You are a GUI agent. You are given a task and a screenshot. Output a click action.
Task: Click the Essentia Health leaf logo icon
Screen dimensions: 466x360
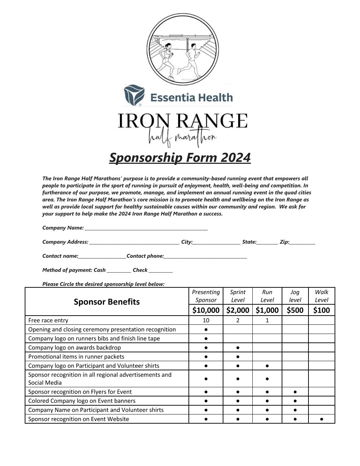click(x=134, y=95)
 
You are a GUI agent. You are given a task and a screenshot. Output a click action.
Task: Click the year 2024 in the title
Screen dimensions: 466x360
click(x=236, y=157)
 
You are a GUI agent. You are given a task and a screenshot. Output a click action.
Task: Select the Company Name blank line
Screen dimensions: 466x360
click(x=146, y=228)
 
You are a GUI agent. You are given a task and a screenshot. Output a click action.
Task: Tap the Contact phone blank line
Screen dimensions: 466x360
click(x=205, y=256)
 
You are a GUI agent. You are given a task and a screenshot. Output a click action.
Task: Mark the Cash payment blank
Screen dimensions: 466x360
click(x=119, y=270)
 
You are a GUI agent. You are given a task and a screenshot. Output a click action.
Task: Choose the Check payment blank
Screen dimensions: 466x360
click(x=161, y=270)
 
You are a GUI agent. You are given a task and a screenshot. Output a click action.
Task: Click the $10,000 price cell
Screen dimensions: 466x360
click(x=206, y=310)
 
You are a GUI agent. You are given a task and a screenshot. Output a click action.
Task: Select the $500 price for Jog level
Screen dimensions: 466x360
click(x=295, y=310)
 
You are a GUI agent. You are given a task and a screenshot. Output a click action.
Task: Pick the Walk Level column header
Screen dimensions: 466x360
click(x=322, y=296)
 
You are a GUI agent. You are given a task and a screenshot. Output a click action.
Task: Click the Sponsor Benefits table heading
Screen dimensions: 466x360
click(x=107, y=302)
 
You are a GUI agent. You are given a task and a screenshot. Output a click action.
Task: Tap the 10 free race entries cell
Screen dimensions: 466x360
click(x=206, y=320)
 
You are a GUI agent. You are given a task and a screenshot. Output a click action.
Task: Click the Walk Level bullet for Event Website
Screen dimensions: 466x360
click(x=322, y=419)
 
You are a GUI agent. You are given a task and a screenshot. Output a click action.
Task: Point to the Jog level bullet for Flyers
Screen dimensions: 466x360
click(x=295, y=392)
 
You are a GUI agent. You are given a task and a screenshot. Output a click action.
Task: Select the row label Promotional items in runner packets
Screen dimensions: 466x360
click(x=76, y=357)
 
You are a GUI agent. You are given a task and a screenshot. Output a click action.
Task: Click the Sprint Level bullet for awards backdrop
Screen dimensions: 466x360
click(x=238, y=348)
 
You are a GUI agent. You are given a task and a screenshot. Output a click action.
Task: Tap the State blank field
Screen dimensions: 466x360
click(x=267, y=242)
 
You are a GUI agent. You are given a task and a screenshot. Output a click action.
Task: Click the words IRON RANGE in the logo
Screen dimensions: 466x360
click(x=182, y=121)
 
